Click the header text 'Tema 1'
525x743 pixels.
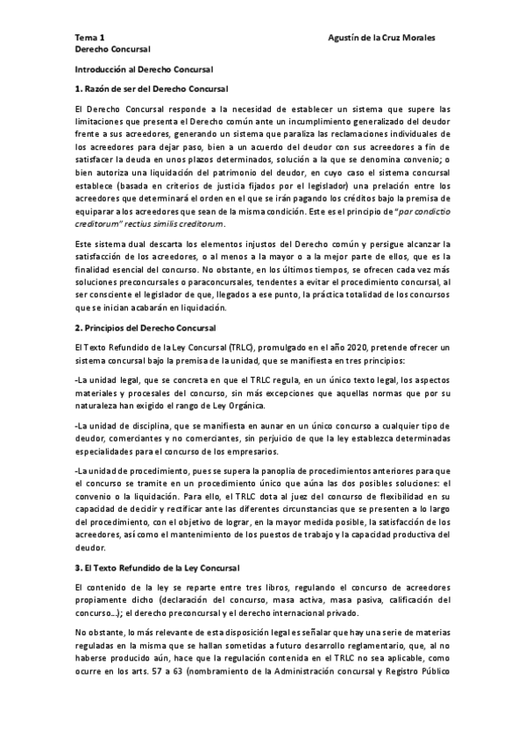(x=89, y=39)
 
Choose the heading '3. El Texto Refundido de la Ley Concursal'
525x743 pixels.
(x=164, y=544)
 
